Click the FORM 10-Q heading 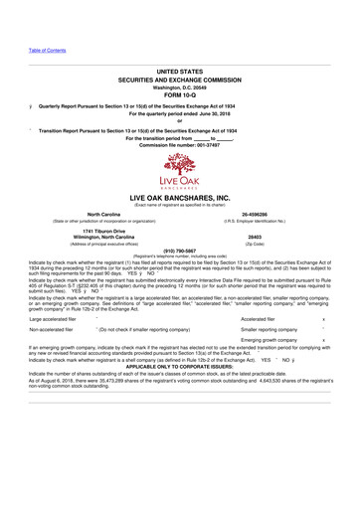[180, 94]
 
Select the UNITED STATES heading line [180, 72]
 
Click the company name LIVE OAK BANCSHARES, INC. [180, 200]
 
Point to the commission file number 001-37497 [180, 144]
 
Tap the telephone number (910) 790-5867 [180, 251]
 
